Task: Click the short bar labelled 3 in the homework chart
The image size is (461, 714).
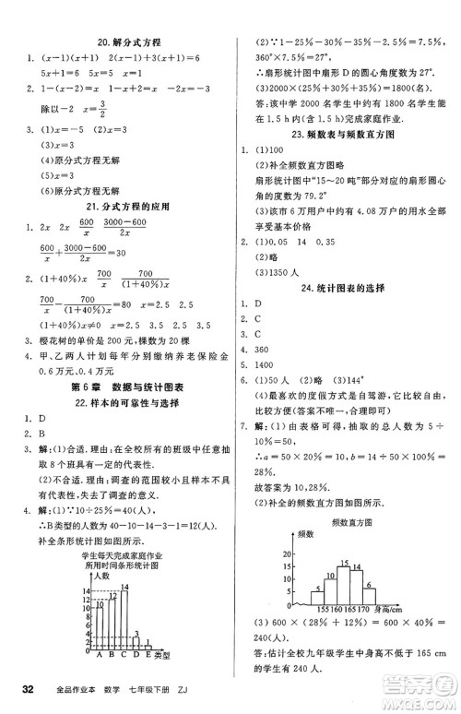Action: coord(134,645)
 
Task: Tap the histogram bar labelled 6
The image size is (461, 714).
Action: coord(367,591)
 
